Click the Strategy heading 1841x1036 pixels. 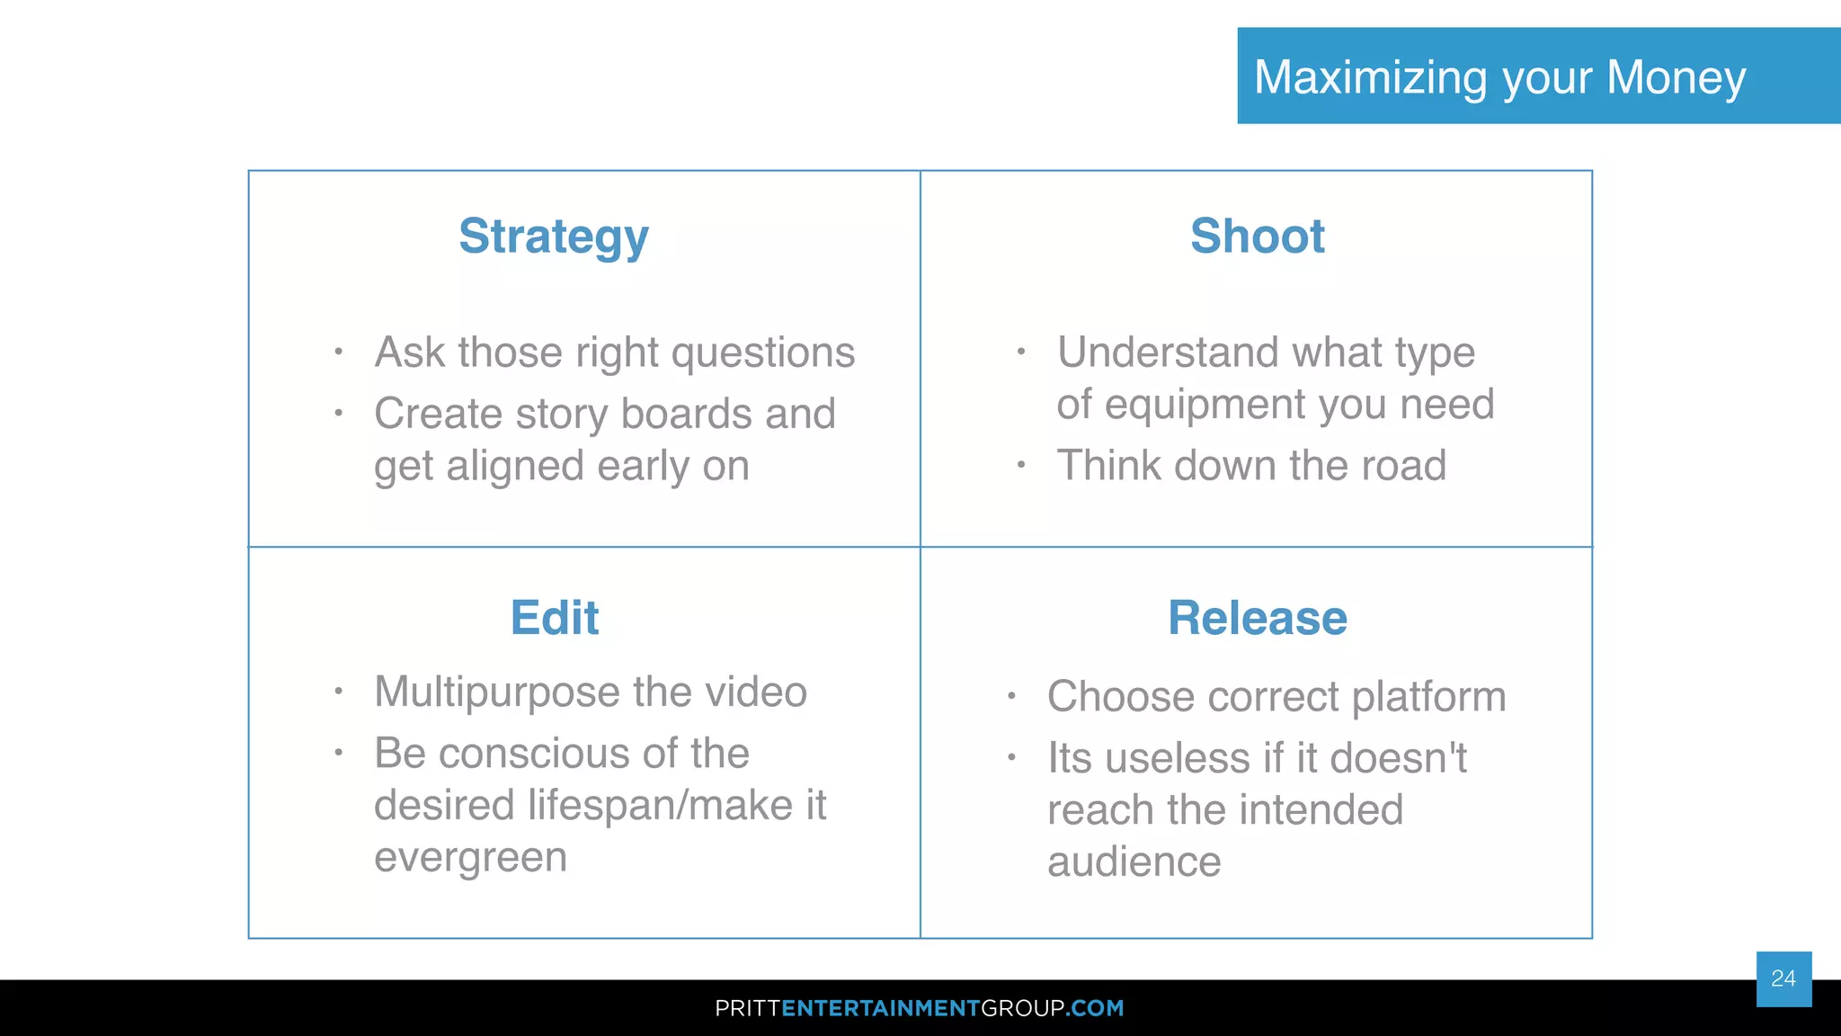pyautogui.click(x=553, y=237)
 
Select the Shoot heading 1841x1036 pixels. pyautogui.click(x=1257, y=237)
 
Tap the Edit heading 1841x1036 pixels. pyautogui.click(x=555, y=618)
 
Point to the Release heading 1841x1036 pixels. pyautogui.click(x=1257, y=618)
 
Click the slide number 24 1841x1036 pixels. pyautogui.click(x=1783, y=978)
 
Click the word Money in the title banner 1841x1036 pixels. pyautogui.click(x=1676, y=77)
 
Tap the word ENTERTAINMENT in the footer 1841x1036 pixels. pyautogui.click(x=880, y=1008)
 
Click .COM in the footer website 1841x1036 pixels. pyautogui.click(x=1096, y=1008)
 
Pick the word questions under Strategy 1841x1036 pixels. pyautogui.click(x=763, y=353)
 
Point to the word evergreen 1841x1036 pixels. pyautogui.click(x=470, y=858)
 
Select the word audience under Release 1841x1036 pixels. pyautogui.click(x=1134, y=862)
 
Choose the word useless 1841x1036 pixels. pyautogui.click(x=1178, y=758)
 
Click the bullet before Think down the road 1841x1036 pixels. pyautogui.click(x=1021, y=466)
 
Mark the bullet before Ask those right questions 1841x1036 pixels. pyautogui.click(x=338, y=352)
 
